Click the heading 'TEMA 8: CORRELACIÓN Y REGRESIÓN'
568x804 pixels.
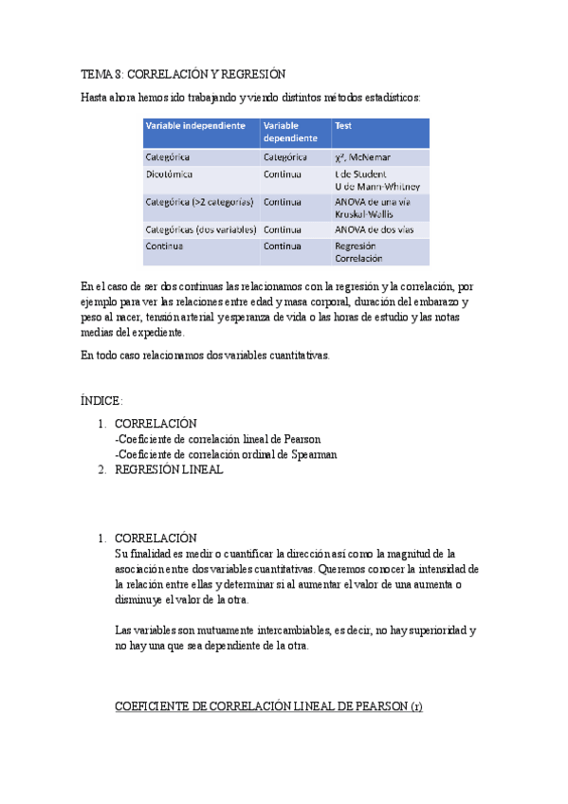click(x=183, y=74)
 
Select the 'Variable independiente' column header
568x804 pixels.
click(x=195, y=126)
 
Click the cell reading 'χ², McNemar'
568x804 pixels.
click(x=362, y=156)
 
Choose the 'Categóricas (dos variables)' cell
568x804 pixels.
click(x=199, y=229)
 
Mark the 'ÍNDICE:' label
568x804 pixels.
click(x=101, y=401)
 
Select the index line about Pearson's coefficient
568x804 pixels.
click(x=217, y=439)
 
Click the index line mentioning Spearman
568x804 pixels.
click(x=225, y=454)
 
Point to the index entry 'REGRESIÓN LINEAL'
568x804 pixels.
click(x=169, y=469)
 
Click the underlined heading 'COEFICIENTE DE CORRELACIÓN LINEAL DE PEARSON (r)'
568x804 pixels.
click(x=268, y=706)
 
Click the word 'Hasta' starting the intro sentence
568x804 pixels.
click(x=96, y=97)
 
